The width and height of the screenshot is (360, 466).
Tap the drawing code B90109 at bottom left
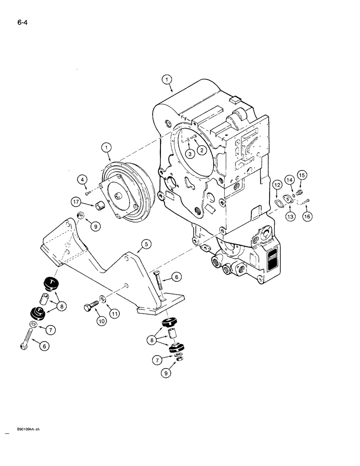pyautogui.click(x=21, y=431)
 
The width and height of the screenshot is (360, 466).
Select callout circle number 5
pyautogui.click(x=146, y=243)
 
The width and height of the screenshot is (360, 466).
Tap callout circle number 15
pyautogui.click(x=301, y=176)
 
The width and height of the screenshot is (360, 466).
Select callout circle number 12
pyautogui.click(x=277, y=185)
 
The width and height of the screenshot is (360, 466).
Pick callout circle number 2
pyautogui.click(x=201, y=150)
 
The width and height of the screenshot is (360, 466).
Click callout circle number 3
pyautogui.click(x=189, y=154)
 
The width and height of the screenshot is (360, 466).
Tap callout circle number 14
pyautogui.click(x=289, y=180)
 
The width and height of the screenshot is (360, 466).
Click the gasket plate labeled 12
pyautogui.click(x=277, y=203)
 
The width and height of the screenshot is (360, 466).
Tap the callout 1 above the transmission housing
pyautogui.click(x=166, y=80)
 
